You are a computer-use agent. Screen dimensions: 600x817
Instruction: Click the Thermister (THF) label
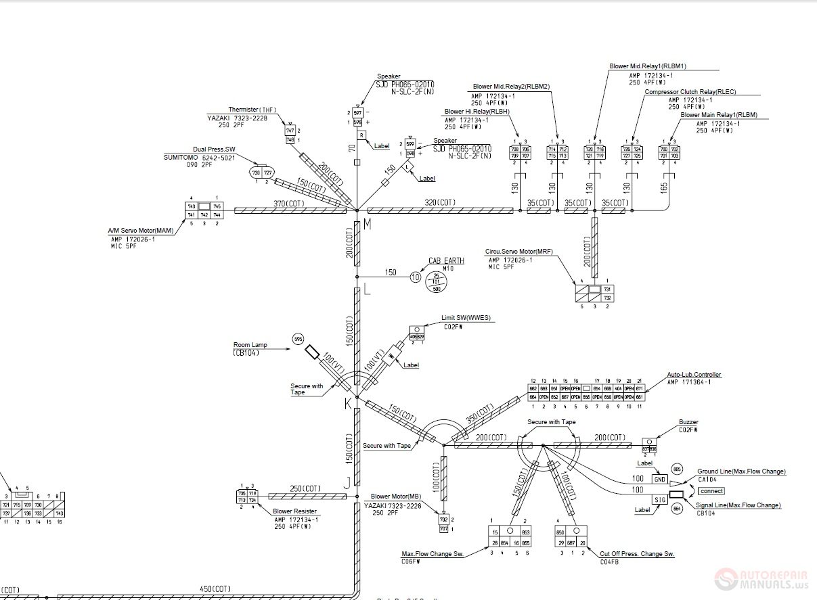252,109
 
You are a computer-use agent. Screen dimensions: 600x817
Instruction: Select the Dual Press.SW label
214,149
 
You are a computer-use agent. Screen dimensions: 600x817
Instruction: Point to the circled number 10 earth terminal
416,277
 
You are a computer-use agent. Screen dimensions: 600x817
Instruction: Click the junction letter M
368,225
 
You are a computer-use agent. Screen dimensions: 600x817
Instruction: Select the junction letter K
349,404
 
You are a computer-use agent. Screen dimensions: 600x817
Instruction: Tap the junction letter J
347,482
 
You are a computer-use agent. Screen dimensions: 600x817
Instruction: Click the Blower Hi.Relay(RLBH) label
477,112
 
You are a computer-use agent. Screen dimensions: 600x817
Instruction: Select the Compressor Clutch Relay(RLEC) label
690,92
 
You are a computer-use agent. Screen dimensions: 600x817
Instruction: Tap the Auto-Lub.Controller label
694,375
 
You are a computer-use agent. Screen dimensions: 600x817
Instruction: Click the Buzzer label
688,423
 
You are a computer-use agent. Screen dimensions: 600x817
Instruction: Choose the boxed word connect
711,491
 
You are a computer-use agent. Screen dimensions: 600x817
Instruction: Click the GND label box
659,479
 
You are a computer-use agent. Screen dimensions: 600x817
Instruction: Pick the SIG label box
659,499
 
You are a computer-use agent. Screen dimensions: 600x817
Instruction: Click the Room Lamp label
250,345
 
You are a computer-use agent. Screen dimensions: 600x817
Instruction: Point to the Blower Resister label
294,511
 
